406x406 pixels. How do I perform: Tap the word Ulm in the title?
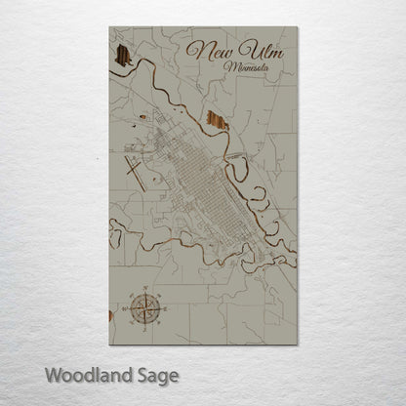click(261, 51)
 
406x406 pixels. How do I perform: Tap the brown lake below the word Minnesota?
click(217, 122)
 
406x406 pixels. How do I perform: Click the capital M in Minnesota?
click(228, 68)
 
